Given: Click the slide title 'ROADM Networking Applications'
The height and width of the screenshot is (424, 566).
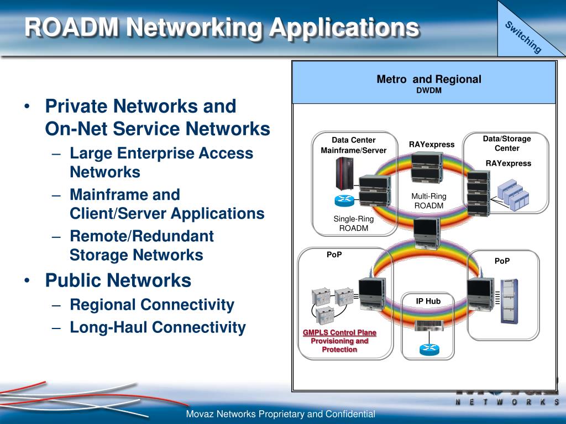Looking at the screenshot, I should click(221, 28).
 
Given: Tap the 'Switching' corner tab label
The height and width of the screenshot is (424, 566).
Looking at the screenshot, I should click(523, 37).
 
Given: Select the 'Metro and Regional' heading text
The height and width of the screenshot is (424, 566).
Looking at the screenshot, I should click(429, 79).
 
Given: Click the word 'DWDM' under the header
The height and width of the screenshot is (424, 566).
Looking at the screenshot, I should click(429, 90).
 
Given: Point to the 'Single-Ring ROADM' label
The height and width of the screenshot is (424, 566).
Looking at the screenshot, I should click(353, 224).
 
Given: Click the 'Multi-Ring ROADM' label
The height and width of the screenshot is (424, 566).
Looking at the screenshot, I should click(428, 201).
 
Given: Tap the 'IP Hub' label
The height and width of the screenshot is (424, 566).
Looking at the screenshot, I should click(428, 301).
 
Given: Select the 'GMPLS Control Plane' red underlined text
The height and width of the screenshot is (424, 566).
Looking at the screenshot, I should click(339, 333).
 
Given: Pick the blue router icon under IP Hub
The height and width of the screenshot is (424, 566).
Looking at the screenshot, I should click(428, 349).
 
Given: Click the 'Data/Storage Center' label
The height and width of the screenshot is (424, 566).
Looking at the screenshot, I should click(507, 144).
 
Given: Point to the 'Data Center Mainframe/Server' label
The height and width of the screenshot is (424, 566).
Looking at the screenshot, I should click(354, 145).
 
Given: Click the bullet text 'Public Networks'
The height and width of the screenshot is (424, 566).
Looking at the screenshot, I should click(118, 280).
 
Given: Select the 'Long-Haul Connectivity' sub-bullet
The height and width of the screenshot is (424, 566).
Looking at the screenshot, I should click(158, 327).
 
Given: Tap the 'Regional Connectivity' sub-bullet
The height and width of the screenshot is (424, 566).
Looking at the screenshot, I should click(152, 305).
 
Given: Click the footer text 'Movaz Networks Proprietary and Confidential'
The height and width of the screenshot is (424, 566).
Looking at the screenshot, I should click(281, 414).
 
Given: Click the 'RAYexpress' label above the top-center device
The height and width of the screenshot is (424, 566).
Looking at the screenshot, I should click(432, 145).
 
